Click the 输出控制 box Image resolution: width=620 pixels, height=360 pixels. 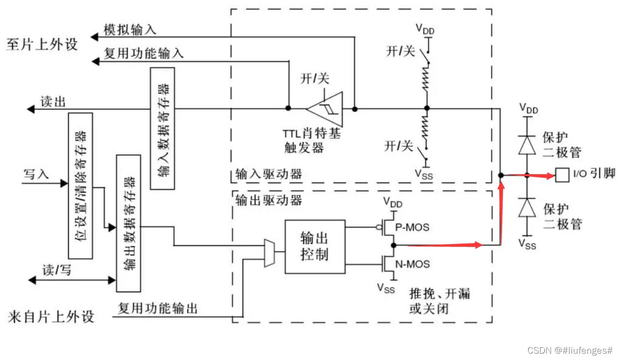314,246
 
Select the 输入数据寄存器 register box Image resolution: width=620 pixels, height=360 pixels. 163,128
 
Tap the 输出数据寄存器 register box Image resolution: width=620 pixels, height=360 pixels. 129,223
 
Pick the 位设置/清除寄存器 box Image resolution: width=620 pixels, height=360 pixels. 81,185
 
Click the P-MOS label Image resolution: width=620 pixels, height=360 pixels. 412,227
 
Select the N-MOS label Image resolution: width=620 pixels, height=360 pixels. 412,264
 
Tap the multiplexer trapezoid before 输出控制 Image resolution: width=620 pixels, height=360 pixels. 269,253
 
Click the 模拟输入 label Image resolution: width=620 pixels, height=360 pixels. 130,30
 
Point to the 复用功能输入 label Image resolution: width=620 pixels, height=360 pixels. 144,53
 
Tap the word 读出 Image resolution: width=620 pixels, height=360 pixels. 53,101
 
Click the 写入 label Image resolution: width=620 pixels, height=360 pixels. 36,174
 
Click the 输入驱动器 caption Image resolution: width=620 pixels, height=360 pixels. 268,174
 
